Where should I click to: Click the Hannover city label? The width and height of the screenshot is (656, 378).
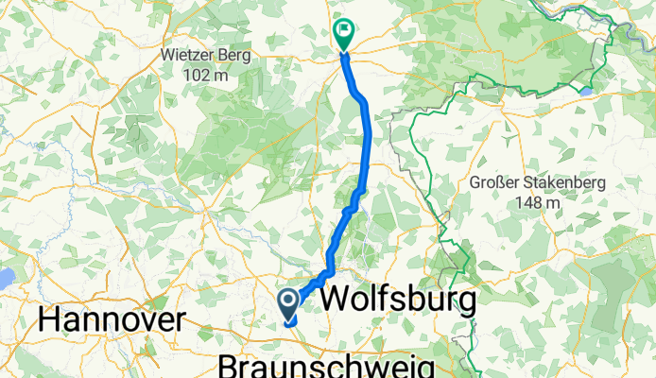[112, 321]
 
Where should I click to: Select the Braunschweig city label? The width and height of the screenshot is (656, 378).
[326, 366]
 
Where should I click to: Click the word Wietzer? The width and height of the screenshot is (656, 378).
[192, 55]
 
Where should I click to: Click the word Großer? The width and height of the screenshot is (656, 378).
[496, 183]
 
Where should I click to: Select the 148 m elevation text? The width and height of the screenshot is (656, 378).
[537, 202]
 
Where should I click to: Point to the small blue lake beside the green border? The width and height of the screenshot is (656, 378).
[587, 92]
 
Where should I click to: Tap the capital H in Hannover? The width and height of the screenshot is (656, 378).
[48, 321]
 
